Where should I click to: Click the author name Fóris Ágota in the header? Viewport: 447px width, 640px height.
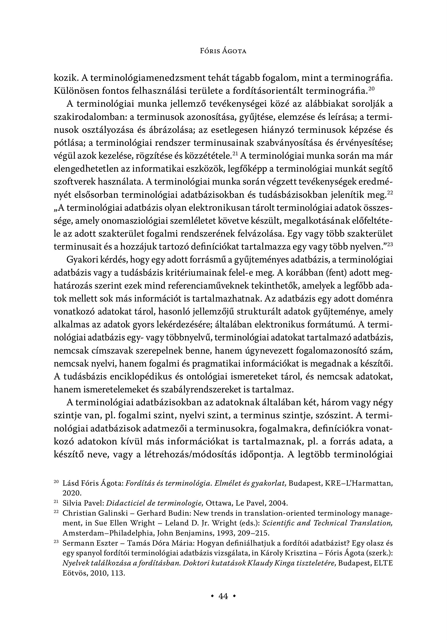coord(223,51)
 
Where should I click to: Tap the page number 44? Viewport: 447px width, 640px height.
coord(223,597)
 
